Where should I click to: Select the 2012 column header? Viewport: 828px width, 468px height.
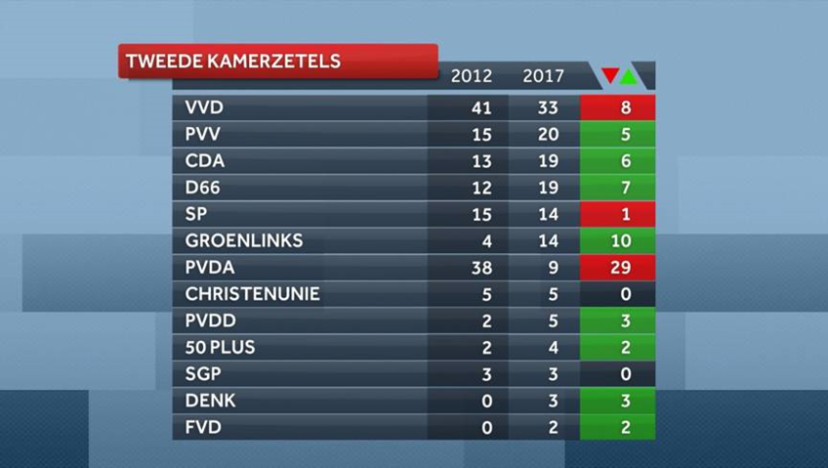click(x=471, y=76)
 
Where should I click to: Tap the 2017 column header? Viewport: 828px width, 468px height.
click(x=543, y=76)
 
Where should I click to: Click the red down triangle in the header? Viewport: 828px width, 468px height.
click(x=610, y=75)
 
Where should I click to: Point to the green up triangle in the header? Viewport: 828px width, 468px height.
click(x=629, y=75)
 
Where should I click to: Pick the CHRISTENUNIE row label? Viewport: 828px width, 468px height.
click(x=252, y=293)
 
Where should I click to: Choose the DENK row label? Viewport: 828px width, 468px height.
click(x=210, y=401)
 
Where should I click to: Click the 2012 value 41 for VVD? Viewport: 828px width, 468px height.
click(x=471, y=107)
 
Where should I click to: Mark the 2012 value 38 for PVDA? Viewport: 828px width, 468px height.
click(x=471, y=267)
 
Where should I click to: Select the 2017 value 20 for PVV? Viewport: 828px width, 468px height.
click(x=543, y=134)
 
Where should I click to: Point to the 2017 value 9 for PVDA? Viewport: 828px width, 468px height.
click(x=543, y=267)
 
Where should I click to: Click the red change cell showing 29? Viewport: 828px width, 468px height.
click(x=618, y=267)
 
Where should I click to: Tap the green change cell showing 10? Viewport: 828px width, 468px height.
click(x=618, y=240)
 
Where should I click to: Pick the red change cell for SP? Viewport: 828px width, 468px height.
click(x=618, y=214)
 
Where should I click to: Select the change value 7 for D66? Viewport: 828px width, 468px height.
click(x=618, y=188)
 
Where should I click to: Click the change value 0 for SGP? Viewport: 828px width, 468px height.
click(x=618, y=374)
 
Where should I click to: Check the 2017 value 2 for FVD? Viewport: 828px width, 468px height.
click(x=543, y=427)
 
